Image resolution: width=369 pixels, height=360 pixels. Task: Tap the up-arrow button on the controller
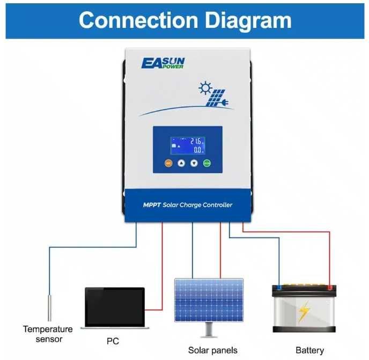[181, 163]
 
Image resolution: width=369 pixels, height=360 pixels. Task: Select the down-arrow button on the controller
[194, 163]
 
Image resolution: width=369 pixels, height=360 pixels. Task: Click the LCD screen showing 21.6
[188, 145]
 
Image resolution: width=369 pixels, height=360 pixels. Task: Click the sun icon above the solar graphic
[204, 88]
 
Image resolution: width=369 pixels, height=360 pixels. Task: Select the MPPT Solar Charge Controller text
[187, 205]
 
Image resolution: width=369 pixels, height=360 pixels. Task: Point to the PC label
[113, 341]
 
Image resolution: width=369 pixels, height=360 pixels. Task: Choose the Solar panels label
[212, 350]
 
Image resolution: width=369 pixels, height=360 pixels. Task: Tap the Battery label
[310, 350]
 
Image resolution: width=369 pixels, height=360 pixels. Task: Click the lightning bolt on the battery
[304, 311]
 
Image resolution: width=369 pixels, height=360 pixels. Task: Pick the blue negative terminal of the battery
[279, 288]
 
